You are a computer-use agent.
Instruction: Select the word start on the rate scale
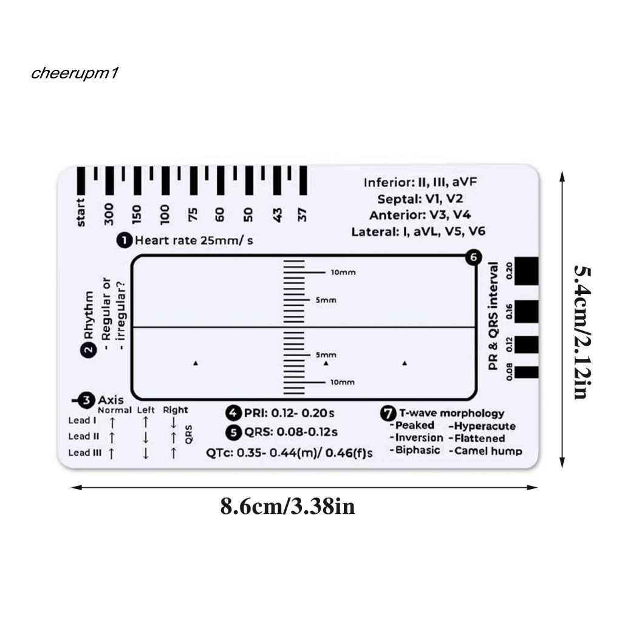[x=81, y=213]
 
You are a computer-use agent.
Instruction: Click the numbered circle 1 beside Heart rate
[x=125, y=241]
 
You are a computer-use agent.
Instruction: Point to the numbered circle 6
[x=474, y=258]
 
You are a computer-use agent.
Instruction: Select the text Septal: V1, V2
[x=420, y=199]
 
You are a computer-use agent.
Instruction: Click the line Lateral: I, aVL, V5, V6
[x=419, y=231]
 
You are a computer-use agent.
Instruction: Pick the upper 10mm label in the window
[x=343, y=273]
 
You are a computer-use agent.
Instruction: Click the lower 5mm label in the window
[x=326, y=354]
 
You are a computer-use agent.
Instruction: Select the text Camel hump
[x=486, y=451]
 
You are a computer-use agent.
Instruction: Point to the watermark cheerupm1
[x=76, y=73]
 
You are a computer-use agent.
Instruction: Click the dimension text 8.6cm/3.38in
[x=287, y=507]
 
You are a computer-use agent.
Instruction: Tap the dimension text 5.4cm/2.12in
[x=581, y=332]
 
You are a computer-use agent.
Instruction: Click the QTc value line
[x=289, y=453]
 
